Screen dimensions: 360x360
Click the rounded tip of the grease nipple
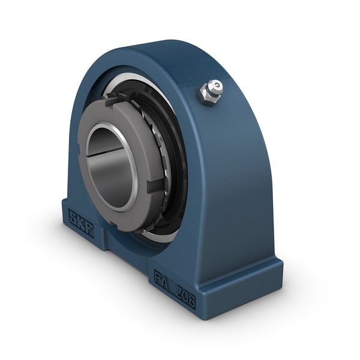click(x=216, y=86)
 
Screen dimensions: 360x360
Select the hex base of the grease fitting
click(x=207, y=96)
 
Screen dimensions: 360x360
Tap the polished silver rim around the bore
click(x=133, y=180)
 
